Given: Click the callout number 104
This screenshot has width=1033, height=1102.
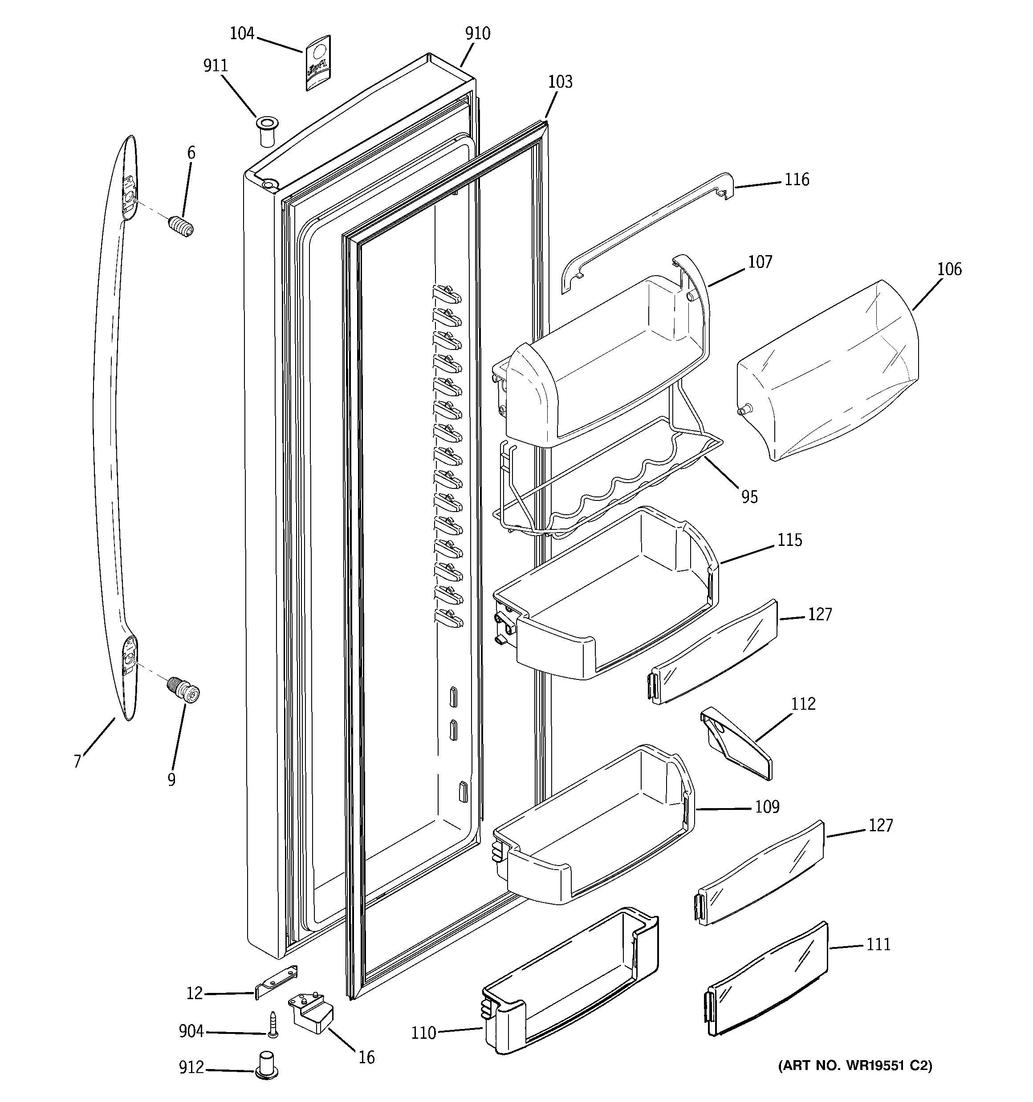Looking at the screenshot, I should coord(242,34).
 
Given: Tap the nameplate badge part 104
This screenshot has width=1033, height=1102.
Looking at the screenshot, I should coord(317,63).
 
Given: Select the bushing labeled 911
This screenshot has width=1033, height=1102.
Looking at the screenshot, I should coord(267,131).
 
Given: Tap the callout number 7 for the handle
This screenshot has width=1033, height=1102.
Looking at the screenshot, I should coord(77,762).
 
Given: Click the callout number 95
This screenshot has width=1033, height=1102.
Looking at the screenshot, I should coord(749,496).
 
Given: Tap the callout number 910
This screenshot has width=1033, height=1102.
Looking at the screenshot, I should coord(477,34).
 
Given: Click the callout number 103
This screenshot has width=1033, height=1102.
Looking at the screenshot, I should coord(560,82).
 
